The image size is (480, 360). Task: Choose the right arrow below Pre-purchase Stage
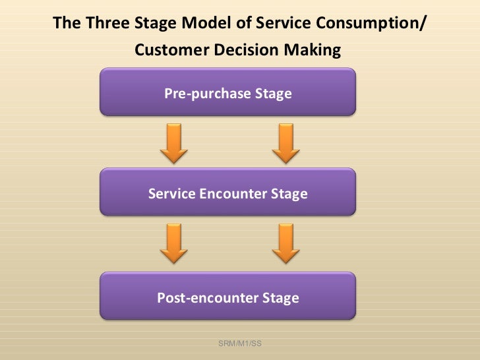(285, 143)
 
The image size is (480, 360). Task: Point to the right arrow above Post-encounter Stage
(285, 243)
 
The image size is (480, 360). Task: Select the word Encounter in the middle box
(228, 194)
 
